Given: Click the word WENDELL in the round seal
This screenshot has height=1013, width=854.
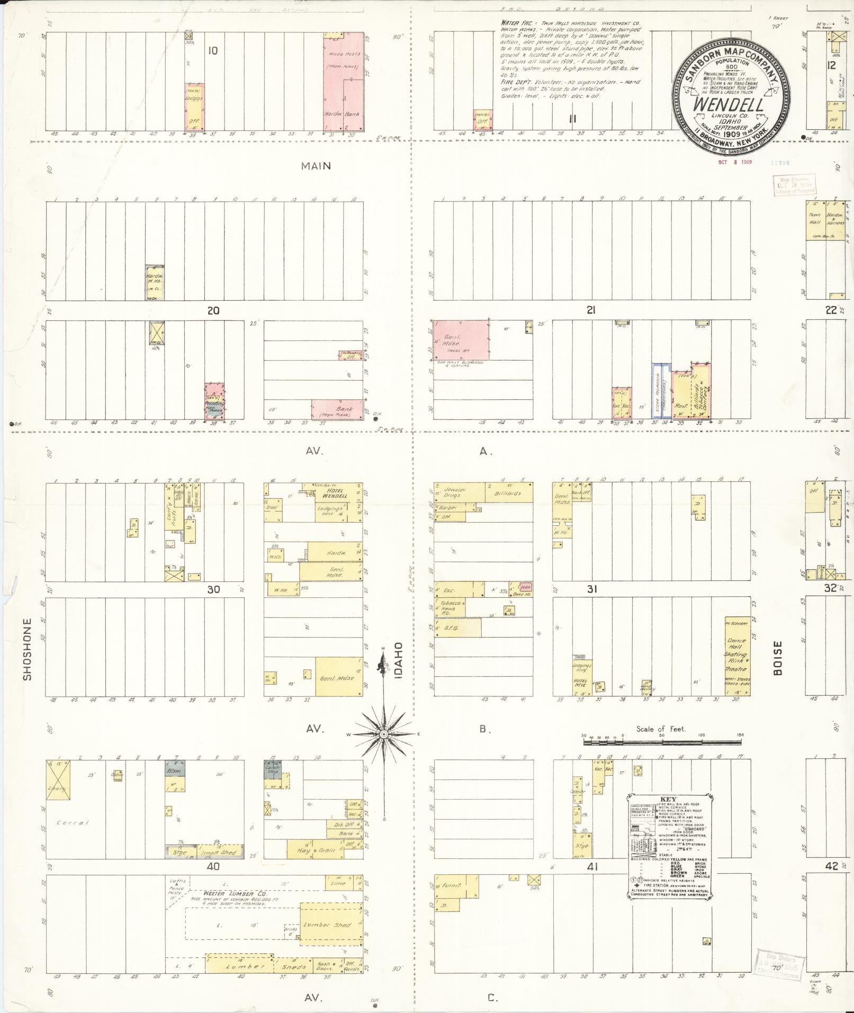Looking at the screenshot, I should pos(728,104).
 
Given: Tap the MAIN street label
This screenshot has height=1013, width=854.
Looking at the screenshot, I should pos(316,166).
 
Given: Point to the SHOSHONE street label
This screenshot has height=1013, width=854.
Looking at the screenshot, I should pos(28,649).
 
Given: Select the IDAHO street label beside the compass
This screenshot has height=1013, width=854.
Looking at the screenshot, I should pos(399,660).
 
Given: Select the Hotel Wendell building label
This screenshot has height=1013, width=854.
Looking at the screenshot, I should pos(332,493).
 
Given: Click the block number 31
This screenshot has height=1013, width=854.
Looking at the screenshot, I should pos(591,589).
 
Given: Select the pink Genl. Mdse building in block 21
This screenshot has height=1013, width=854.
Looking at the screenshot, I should pos(460,340).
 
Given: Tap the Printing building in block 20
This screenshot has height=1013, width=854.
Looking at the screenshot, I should pos(214,402).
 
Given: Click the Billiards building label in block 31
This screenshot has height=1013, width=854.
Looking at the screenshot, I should pos(507,492).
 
